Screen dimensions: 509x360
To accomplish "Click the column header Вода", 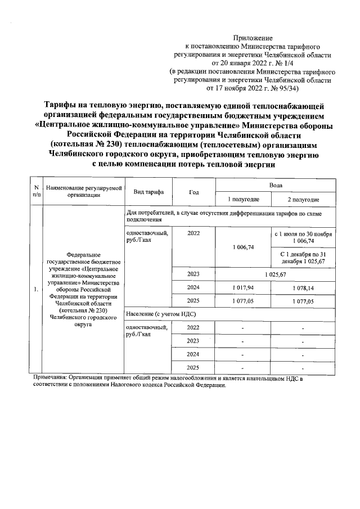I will (x=276, y=185).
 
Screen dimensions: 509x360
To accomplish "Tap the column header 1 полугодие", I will (x=243, y=200).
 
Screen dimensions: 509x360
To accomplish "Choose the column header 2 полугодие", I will (x=303, y=200).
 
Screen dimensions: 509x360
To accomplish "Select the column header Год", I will (x=194, y=192).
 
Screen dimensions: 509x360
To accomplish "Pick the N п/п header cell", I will (x=36, y=192).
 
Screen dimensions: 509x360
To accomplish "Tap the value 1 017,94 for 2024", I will (x=243, y=287).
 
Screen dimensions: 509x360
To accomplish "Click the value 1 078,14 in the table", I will (x=303, y=287).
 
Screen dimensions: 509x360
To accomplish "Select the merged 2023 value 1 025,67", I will (x=276, y=274).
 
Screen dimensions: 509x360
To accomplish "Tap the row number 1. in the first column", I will (x=36, y=290).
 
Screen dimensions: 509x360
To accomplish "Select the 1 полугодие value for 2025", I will (x=243, y=301).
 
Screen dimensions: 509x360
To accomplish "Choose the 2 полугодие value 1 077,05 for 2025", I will (x=303, y=301).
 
